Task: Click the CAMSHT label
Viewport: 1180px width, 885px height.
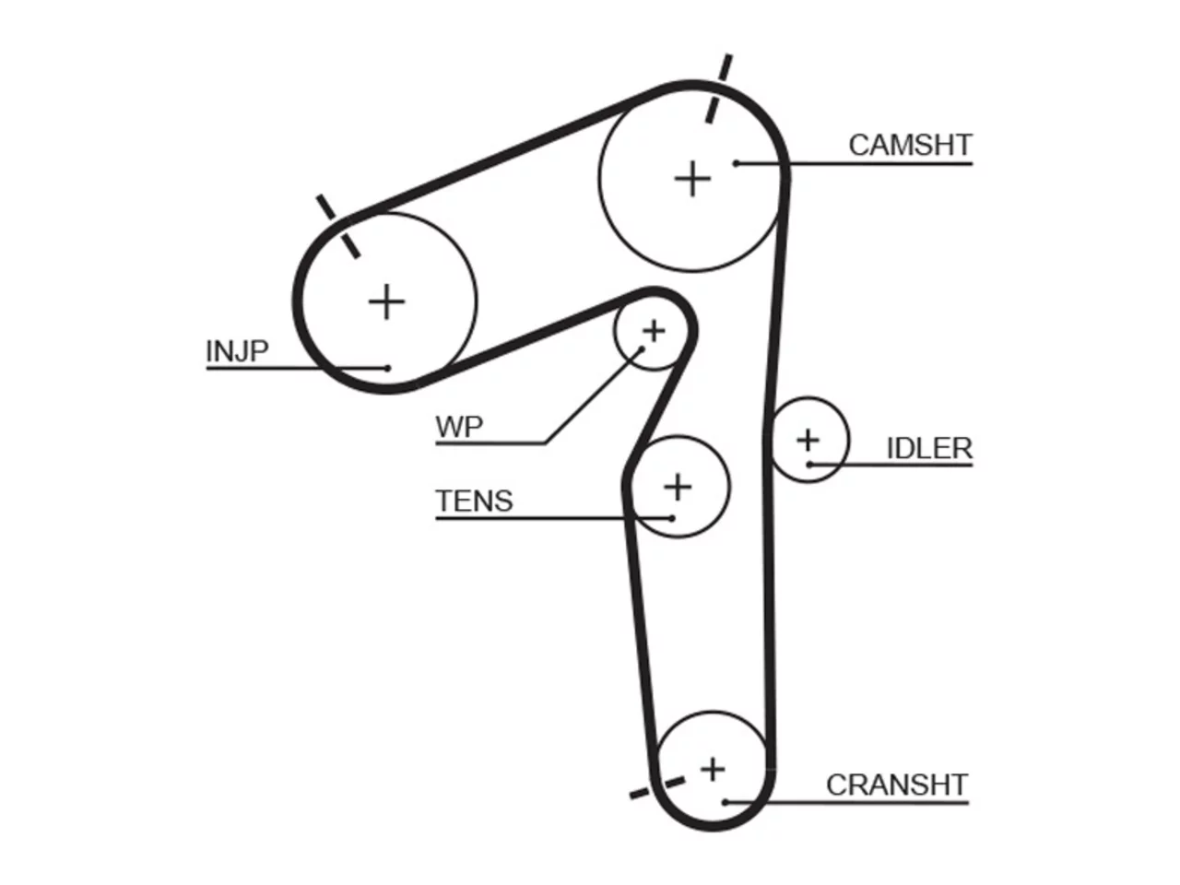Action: pos(910,145)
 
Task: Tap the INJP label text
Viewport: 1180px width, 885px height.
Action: pos(237,351)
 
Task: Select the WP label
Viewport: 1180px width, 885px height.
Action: pos(459,427)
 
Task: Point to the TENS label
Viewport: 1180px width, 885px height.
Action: pos(474,501)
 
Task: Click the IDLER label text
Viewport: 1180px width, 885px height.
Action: pos(929,448)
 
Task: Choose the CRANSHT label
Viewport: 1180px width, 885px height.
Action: pos(897,785)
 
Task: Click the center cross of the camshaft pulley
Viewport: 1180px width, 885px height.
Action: pos(692,179)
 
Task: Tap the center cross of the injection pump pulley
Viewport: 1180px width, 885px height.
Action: pos(386,301)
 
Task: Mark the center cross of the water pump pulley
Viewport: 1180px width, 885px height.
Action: pos(654,331)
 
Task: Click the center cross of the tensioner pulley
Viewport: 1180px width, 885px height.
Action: pos(678,487)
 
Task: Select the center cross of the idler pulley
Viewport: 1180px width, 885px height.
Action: pos(808,440)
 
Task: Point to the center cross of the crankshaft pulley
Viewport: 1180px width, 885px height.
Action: pos(713,770)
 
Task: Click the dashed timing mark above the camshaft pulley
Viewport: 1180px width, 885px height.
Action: pos(719,88)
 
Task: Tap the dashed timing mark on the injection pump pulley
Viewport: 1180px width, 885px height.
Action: pos(338,227)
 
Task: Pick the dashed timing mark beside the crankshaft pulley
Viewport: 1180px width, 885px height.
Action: pos(657,787)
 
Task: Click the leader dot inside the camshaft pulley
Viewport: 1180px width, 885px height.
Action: pos(737,163)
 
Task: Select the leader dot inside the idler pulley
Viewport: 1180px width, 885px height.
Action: pos(809,465)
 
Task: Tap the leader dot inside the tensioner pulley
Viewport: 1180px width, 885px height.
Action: pos(672,518)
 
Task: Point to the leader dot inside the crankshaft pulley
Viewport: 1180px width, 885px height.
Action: pos(725,803)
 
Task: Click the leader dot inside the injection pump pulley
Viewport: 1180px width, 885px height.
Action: pos(387,368)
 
